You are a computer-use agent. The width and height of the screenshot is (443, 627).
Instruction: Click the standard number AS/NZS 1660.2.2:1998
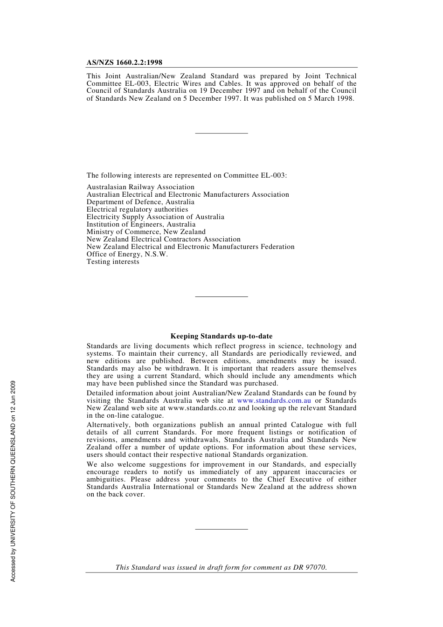124,62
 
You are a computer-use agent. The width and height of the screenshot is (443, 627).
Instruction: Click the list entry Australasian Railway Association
140,187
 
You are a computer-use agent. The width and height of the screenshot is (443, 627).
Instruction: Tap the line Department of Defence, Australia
140,202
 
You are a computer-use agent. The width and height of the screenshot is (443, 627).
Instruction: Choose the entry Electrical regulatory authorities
137,209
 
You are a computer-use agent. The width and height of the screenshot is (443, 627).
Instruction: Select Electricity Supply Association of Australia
155,217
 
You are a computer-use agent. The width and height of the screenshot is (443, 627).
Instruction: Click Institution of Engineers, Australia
141,224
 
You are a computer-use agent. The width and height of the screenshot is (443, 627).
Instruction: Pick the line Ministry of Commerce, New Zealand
146,232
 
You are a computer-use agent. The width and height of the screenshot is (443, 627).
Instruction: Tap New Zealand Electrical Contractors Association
163,239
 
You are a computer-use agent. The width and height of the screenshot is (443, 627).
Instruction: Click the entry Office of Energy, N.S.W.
127,254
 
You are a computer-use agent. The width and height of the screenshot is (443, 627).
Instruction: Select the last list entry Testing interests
113,262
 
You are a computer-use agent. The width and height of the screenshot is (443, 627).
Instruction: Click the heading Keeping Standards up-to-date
221,336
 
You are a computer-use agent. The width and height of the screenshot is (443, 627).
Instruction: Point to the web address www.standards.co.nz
201,408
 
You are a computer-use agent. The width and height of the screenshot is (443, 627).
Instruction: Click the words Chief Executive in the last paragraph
294,479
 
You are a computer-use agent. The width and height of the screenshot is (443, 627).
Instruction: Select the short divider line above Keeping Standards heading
221,296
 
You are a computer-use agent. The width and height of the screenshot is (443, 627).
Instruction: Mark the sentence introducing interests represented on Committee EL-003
187,175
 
